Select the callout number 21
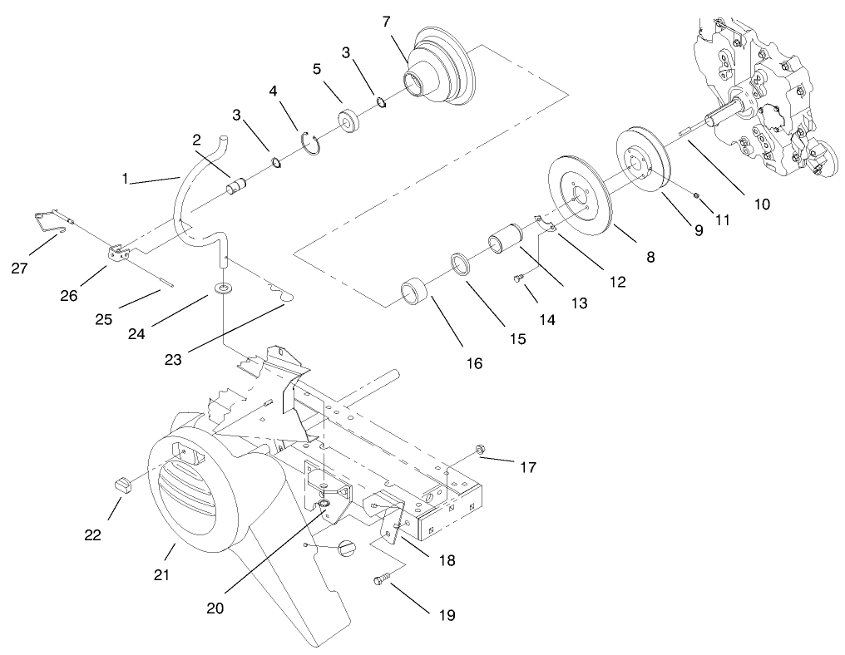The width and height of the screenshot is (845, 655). tap(162, 574)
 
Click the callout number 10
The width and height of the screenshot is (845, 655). tap(762, 203)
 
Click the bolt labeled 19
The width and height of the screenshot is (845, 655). tap(382, 582)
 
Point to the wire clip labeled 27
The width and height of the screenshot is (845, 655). tap(50, 223)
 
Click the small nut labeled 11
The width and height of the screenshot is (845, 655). tap(696, 195)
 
